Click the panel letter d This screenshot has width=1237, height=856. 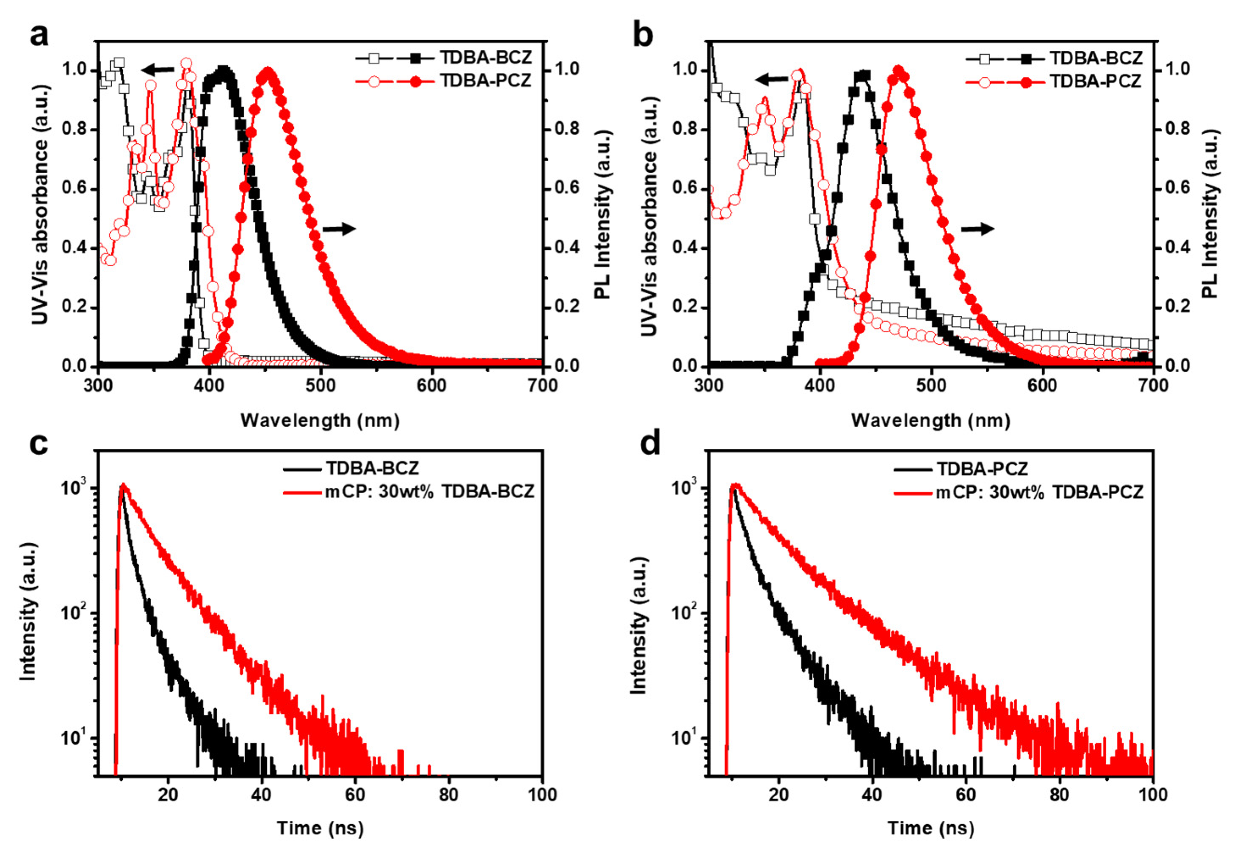[650, 444]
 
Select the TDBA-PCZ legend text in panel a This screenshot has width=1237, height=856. [485, 80]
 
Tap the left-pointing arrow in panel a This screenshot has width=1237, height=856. [157, 69]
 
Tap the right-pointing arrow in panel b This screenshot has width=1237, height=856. [977, 229]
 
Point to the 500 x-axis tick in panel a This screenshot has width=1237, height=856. [320, 386]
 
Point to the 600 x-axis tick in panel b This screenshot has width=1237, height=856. [1042, 386]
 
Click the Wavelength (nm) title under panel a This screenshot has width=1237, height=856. [320, 420]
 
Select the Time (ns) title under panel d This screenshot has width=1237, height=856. [931, 828]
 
